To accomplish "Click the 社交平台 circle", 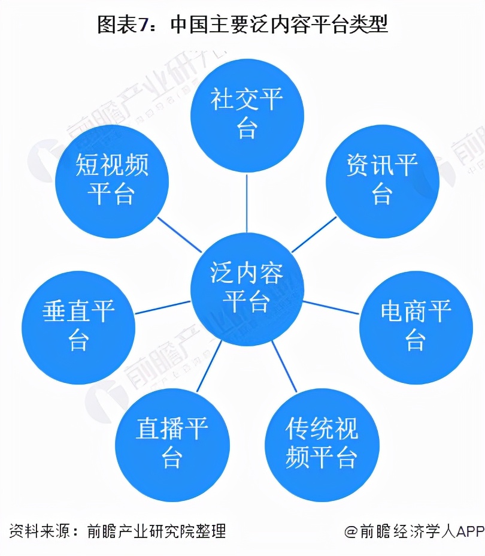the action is point(247,116).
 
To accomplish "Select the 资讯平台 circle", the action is point(382,181).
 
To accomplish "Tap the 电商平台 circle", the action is point(416,327).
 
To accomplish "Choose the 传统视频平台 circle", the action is point(322,445).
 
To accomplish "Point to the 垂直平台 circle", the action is point(78,327).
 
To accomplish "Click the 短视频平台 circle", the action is point(112,181).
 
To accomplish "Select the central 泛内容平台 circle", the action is point(247,289).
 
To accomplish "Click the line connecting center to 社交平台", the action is point(247,203).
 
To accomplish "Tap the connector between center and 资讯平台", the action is point(314,234).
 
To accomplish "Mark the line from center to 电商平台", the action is point(331,307).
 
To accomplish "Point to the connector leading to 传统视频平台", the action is point(284,366).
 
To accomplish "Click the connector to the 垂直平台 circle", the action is point(163,307).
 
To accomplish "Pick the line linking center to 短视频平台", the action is point(179,234).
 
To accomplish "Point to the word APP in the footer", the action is point(470,531).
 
